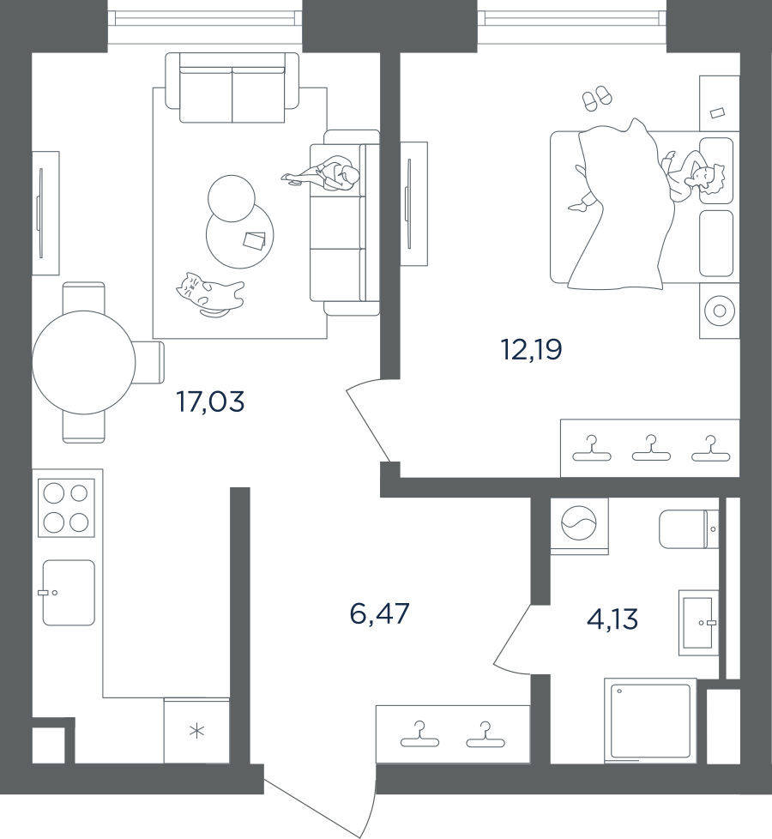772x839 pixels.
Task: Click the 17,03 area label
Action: click(210, 401)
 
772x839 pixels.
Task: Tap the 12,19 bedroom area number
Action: click(531, 349)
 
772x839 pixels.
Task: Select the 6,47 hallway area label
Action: click(380, 614)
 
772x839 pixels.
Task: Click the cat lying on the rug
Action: click(209, 294)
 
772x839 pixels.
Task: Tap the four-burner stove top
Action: click(66, 508)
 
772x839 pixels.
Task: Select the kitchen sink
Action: click(69, 593)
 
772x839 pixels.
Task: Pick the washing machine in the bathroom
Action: click(579, 521)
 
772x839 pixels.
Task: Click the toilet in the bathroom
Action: click(687, 528)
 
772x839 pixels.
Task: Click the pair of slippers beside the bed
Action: click(597, 98)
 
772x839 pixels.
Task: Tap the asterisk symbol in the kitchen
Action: click(197, 732)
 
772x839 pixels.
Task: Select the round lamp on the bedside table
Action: click(719, 310)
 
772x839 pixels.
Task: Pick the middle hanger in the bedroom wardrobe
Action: click(651, 448)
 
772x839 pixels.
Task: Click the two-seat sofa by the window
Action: click(232, 88)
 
